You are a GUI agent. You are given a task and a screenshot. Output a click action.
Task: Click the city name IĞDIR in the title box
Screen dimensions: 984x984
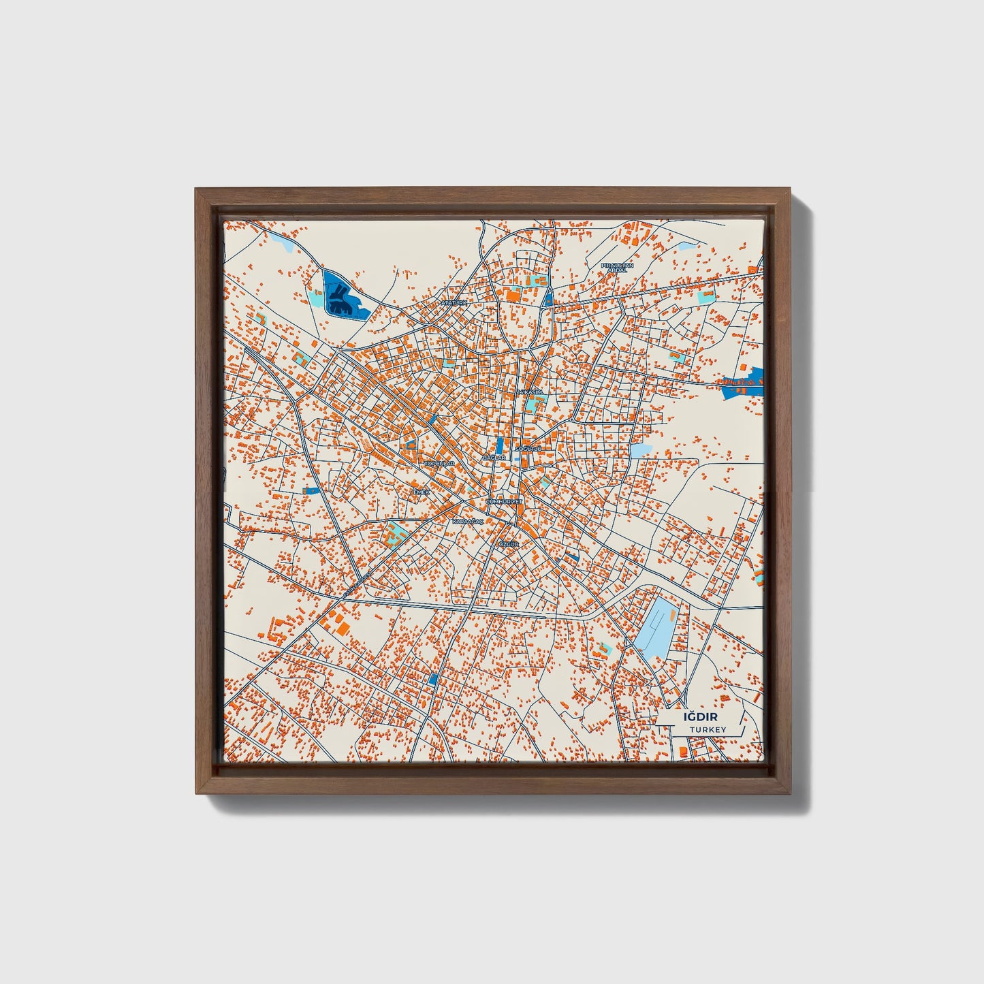tap(701, 716)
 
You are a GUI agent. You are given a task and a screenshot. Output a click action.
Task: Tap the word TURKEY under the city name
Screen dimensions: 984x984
tap(708, 730)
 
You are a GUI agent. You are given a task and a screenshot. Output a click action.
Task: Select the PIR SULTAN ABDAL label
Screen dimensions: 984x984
tap(617, 267)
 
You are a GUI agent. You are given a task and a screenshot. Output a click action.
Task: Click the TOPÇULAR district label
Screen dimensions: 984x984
tap(439, 463)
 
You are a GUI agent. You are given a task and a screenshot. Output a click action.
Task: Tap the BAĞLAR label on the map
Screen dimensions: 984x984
tap(494, 458)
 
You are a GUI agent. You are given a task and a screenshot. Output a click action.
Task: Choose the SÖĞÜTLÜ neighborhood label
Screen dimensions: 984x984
tap(528, 449)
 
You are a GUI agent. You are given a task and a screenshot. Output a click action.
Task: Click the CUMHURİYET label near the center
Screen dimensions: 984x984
tap(504, 501)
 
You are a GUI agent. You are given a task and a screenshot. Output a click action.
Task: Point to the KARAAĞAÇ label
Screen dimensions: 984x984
tap(468, 521)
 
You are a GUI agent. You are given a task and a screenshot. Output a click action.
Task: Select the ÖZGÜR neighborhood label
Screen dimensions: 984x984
tap(509, 545)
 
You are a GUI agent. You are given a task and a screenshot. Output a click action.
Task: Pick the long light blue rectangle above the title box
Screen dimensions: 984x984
tap(656, 626)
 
